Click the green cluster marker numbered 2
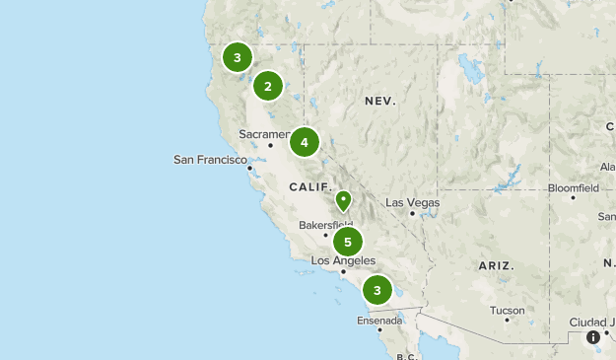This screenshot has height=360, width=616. point(268,87)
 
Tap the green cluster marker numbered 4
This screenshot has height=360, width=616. point(305,143)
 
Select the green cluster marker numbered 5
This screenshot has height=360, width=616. point(347,242)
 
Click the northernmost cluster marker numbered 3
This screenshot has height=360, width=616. point(238,57)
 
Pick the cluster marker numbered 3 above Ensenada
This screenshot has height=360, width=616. point(376,290)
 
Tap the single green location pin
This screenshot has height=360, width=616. point(343,201)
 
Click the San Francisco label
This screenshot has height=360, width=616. point(210,160)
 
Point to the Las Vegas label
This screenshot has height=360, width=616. point(412,203)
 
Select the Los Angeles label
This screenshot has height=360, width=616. point(343,260)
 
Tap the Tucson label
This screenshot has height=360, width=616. point(508,310)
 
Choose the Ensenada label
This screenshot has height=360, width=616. point(379,321)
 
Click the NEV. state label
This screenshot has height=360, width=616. point(379,102)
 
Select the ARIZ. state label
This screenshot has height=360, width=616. point(496,266)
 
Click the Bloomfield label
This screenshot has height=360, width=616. point(573,187)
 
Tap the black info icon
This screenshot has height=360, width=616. point(593,337)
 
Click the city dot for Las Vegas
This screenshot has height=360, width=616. point(412,213)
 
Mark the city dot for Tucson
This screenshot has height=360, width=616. point(508,320)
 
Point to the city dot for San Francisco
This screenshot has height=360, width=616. point(250,168)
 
